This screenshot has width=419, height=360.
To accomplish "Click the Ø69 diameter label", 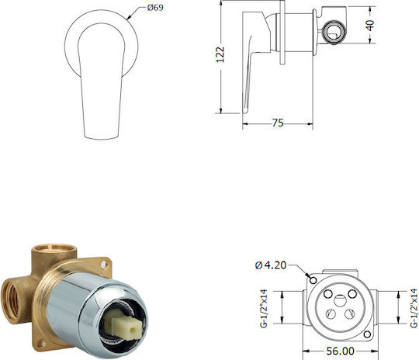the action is (155, 8).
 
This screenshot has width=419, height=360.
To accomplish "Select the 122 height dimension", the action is (220, 55).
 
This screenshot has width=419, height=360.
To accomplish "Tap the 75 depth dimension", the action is (278, 123).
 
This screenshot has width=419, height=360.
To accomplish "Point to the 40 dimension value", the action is (370, 25).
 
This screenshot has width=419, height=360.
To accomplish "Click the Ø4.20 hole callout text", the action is (271, 265).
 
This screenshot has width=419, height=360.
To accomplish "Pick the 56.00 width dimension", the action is (340, 351).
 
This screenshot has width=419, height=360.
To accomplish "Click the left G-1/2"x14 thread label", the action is (264, 308).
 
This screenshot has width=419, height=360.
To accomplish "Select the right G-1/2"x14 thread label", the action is (414, 308).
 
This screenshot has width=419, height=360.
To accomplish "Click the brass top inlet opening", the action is (54, 247).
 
